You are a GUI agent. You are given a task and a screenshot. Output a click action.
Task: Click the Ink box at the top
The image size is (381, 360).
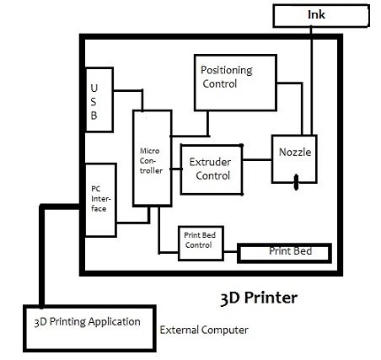(x=321, y=16)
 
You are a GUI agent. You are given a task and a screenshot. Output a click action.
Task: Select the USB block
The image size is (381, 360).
(x=99, y=99)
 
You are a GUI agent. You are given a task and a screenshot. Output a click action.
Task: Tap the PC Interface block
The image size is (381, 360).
(x=100, y=200)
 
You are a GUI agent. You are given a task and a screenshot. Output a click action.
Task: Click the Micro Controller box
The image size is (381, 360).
(x=152, y=159)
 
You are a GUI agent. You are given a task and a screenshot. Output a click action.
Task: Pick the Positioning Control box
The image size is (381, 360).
(x=235, y=83)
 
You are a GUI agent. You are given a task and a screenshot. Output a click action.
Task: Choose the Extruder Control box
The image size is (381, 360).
(x=212, y=169)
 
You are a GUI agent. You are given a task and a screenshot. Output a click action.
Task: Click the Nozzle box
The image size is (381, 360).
(x=294, y=159)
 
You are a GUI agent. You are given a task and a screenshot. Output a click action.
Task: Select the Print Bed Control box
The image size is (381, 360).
(x=201, y=244)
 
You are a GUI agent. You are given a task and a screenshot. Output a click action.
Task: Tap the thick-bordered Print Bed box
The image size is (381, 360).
(x=284, y=253)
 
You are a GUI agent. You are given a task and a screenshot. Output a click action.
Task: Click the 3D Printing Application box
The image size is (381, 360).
(x=89, y=329)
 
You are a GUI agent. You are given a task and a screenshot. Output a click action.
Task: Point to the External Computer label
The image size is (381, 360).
(x=204, y=330)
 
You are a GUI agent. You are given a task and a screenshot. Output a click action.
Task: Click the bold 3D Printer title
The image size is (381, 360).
(x=259, y=298)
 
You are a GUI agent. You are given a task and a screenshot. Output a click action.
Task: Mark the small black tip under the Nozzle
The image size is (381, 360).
(x=296, y=182)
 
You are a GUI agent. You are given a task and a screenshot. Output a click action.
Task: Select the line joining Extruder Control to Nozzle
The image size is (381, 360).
(x=257, y=160)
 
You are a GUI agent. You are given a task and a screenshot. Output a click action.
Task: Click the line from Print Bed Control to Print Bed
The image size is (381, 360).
(x=231, y=251)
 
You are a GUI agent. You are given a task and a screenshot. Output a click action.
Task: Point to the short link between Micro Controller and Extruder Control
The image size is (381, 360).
(x=176, y=169)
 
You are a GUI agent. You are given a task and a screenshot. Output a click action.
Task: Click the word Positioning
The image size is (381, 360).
(x=227, y=70)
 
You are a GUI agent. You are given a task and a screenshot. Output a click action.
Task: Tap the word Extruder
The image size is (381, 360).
(x=210, y=162)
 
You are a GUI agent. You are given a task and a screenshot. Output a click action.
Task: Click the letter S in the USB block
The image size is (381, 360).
(x=94, y=101)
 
